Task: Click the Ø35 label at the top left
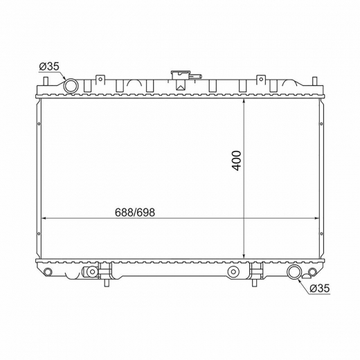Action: coord(49,66)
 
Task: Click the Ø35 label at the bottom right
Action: coord(320,288)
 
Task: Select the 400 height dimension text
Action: coord(236,161)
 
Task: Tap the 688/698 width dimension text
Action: coord(135,213)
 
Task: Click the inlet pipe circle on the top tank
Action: coord(71,86)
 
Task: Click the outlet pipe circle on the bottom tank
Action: coord(294,272)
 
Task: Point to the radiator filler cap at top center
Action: coord(180,75)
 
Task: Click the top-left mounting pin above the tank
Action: coord(46,81)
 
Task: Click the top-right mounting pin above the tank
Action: coord(315,81)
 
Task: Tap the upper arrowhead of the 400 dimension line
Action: coord(244,102)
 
